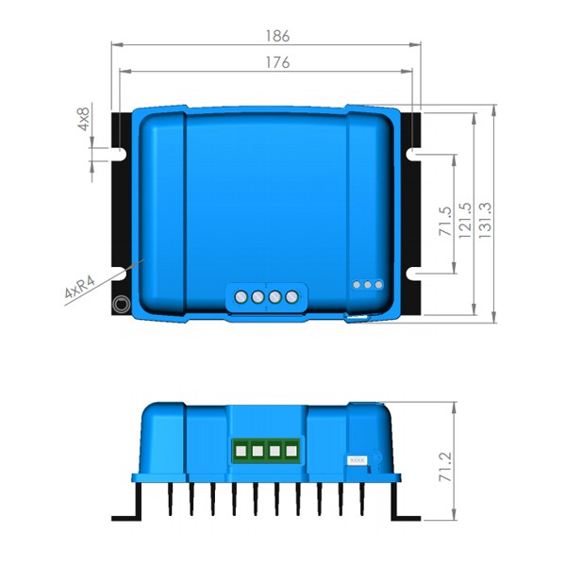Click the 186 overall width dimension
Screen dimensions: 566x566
(x=276, y=36)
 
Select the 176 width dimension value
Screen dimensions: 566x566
(x=276, y=62)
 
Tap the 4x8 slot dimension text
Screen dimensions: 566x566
(x=84, y=121)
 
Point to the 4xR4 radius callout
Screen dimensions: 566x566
(x=81, y=288)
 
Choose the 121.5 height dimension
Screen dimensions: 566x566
(x=465, y=221)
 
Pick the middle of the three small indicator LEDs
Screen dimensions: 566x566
(x=368, y=284)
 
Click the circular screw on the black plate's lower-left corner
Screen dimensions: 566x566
(x=122, y=305)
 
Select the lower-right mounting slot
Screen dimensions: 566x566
(x=416, y=274)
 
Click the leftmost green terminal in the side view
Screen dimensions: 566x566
(x=240, y=452)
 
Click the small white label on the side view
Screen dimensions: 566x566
(x=358, y=459)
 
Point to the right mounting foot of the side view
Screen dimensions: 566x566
(x=407, y=515)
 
